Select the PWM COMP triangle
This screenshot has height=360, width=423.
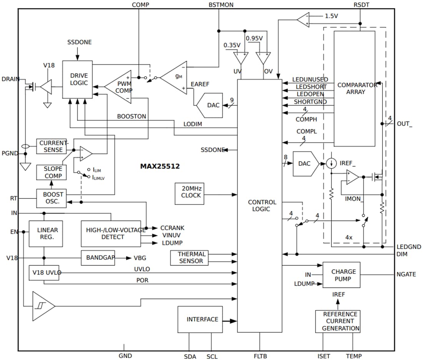point(121,87)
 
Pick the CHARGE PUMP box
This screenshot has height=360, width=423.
point(341,275)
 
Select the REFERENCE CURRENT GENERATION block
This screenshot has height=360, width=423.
point(338,321)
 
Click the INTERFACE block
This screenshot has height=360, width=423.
point(200,319)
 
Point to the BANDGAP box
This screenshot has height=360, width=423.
point(98,258)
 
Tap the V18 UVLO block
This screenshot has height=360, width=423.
point(44,273)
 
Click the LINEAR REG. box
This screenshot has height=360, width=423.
point(45,233)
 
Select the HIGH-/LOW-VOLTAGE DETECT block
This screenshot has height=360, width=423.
point(111,233)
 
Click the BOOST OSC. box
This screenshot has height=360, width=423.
point(51,198)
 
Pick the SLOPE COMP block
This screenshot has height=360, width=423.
point(51,172)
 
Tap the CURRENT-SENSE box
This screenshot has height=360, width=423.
point(52,147)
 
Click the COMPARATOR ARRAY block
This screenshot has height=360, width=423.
point(354,88)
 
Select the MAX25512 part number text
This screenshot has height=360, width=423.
point(160,167)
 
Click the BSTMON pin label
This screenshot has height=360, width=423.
point(221,5)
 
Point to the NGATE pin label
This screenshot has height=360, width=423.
point(406,274)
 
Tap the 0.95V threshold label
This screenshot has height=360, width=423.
point(254,38)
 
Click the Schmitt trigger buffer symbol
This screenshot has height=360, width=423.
point(42,306)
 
